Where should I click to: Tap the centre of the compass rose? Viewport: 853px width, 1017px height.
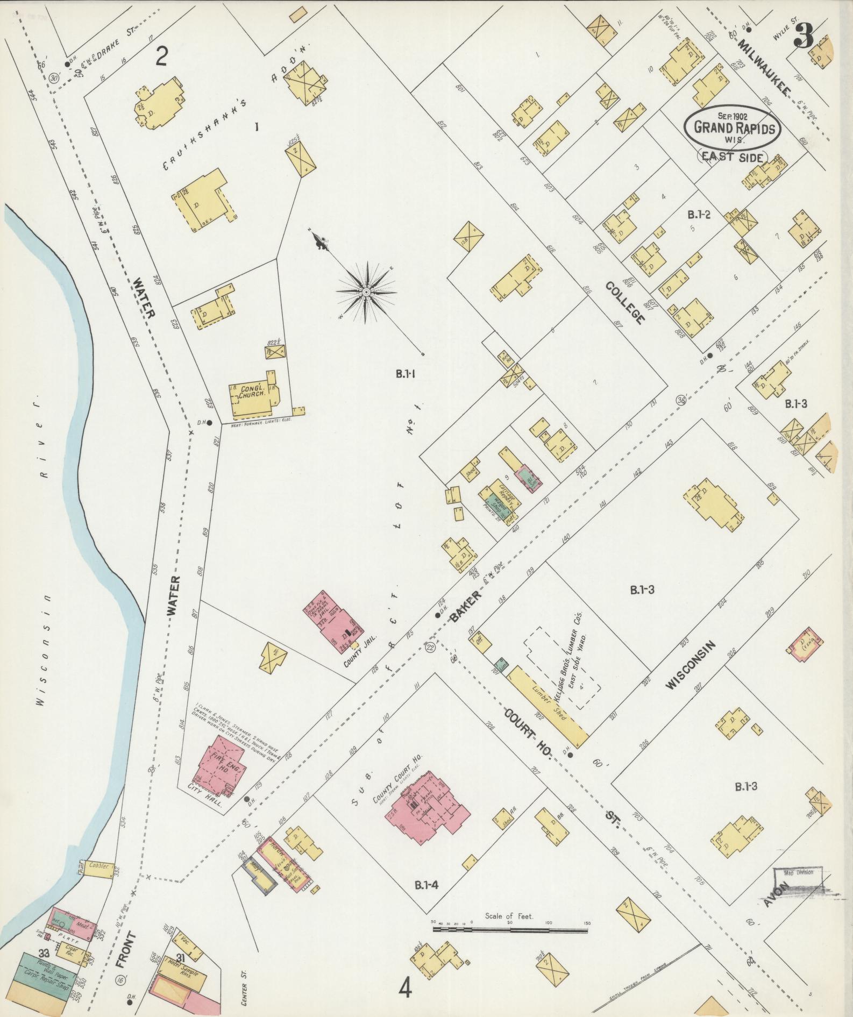(x=366, y=291)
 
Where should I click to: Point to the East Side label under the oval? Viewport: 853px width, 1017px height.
(x=733, y=157)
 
